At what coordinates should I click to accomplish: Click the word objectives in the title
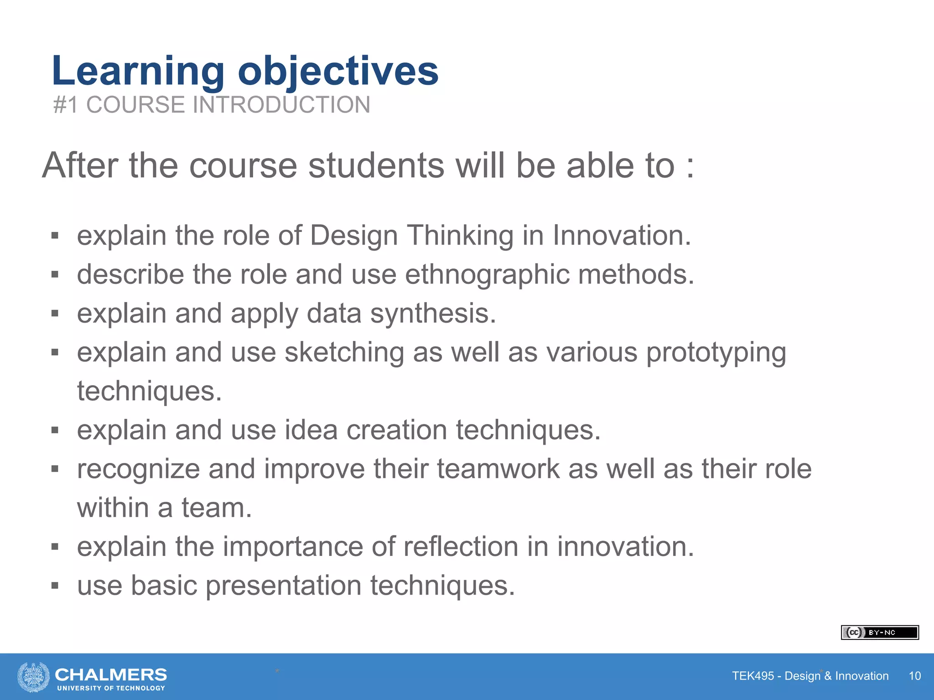tap(338, 71)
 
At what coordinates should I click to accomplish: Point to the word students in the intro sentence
tap(376, 165)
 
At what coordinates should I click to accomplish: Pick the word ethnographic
tap(487, 275)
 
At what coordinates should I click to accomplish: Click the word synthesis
tap(433, 314)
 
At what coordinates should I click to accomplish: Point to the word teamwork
tap(498, 469)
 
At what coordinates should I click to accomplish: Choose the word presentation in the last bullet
tap(283, 586)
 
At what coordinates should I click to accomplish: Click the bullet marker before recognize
tap(55, 469)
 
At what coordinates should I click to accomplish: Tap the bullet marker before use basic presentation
tap(55, 586)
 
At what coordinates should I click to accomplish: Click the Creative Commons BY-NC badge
tap(879, 633)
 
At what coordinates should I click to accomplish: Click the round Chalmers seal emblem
tap(33, 677)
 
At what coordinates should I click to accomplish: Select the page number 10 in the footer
tap(914, 676)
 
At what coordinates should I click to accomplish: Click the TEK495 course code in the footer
tap(752, 676)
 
